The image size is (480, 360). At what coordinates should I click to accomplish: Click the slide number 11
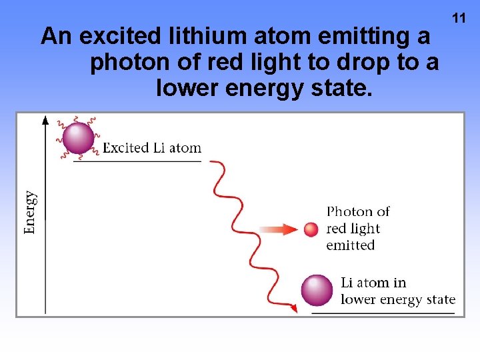tap(459, 18)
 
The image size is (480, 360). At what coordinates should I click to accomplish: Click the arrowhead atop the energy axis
tap(45, 121)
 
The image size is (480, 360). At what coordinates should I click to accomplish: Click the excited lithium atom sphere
tap(79, 138)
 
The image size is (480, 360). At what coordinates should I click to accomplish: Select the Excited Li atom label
tap(151, 148)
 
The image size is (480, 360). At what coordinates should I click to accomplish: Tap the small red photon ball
tap(311, 229)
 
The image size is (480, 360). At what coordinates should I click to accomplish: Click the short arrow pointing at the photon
tap(279, 229)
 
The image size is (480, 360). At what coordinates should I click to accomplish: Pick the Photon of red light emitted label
tap(357, 229)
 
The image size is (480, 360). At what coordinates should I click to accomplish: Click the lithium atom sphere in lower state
tap(317, 291)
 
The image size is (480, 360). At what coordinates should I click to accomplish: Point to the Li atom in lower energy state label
tap(397, 291)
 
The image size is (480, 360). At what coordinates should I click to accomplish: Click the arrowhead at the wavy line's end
tap(293, 309)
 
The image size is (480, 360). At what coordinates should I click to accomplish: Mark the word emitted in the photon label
tap(351, 245)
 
